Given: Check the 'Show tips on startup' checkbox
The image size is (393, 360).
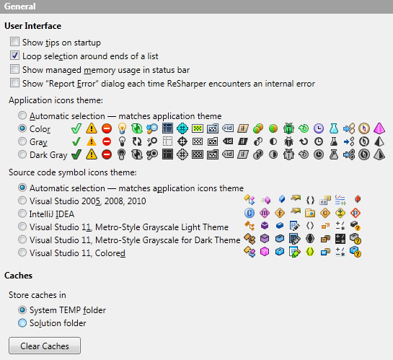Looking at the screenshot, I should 15,43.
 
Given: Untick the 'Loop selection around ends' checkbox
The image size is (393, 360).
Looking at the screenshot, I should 15,56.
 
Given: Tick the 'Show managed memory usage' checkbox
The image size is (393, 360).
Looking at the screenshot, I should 15,70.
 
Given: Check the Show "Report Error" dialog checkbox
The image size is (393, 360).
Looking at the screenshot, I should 15,84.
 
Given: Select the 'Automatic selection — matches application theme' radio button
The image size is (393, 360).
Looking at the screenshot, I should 24,115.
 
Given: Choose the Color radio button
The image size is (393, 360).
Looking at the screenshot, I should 24,128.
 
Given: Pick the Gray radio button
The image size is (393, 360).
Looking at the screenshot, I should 24,141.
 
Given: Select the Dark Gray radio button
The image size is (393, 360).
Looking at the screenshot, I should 24,154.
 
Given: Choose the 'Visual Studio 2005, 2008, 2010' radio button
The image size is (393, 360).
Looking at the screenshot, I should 24,201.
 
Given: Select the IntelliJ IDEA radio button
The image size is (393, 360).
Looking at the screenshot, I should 24,214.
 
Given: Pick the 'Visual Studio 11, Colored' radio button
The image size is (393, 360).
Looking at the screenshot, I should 24,253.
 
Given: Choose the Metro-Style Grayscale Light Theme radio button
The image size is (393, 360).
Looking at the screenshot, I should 24,227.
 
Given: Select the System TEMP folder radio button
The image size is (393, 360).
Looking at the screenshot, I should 24,310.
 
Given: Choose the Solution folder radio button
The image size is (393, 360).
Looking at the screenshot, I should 24,323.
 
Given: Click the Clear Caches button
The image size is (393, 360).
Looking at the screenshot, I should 45,346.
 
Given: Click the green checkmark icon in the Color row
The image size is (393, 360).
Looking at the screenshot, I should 76,128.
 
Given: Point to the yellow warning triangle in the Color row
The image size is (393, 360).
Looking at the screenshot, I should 92,128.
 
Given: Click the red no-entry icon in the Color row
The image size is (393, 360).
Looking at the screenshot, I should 106,128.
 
